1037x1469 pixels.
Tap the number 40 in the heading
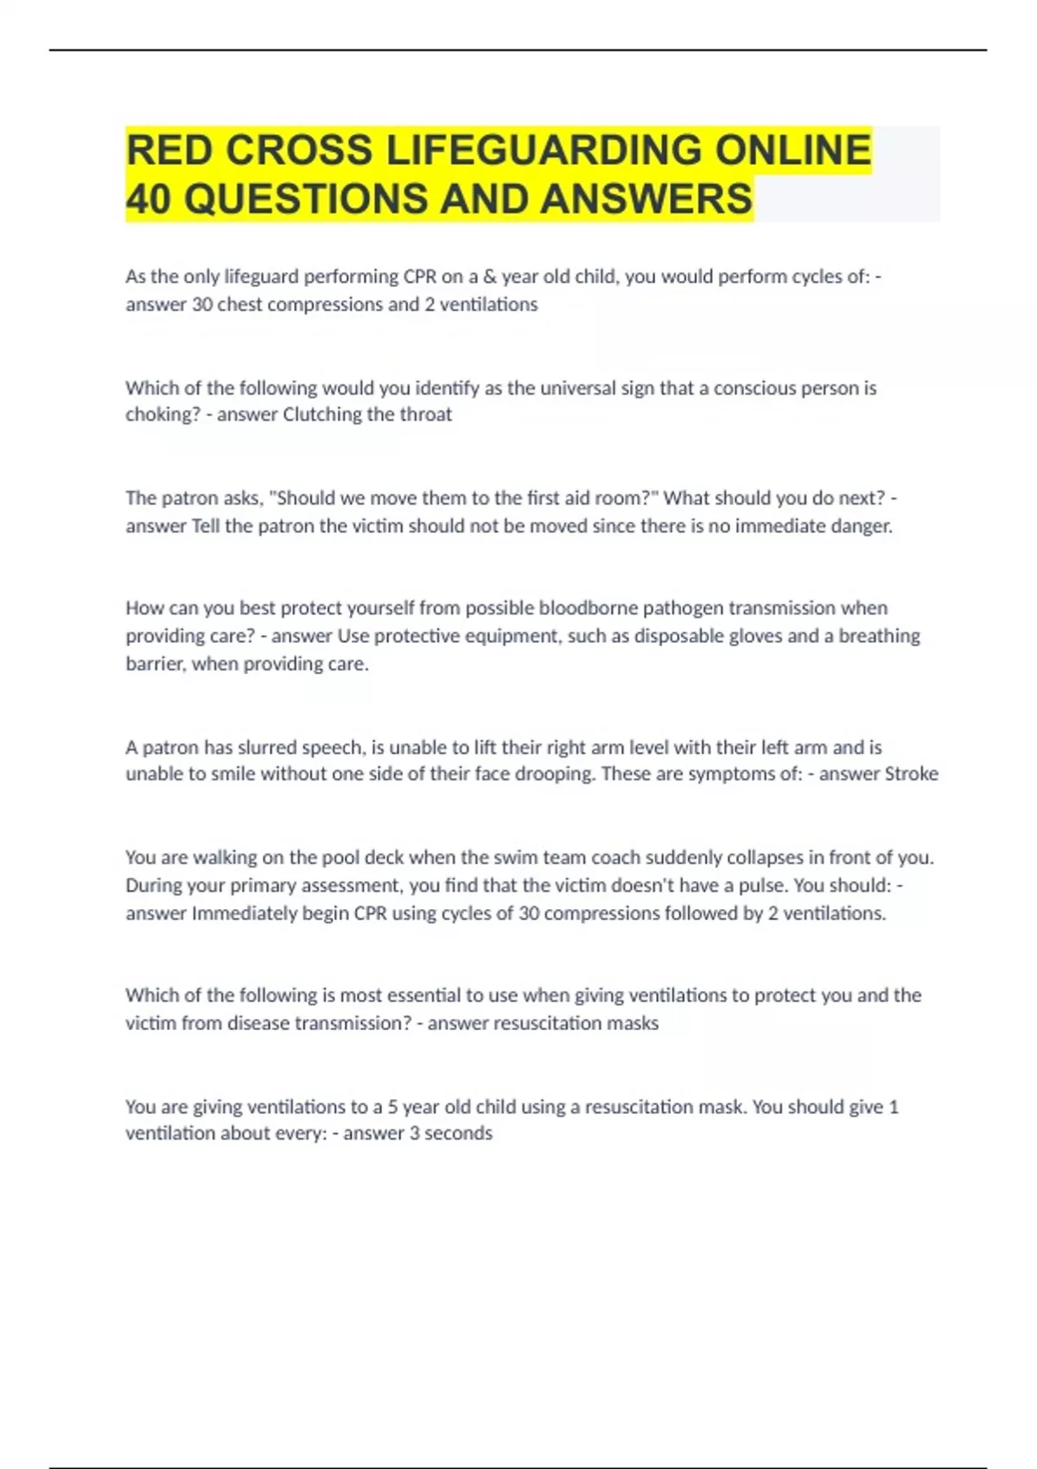click(149, 199)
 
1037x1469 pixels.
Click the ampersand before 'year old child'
click(490, 277)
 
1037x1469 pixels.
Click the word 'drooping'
click(554, 774)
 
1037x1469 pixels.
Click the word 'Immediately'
click(244, 913)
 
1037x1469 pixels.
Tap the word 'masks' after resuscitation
click(636, 1023)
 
